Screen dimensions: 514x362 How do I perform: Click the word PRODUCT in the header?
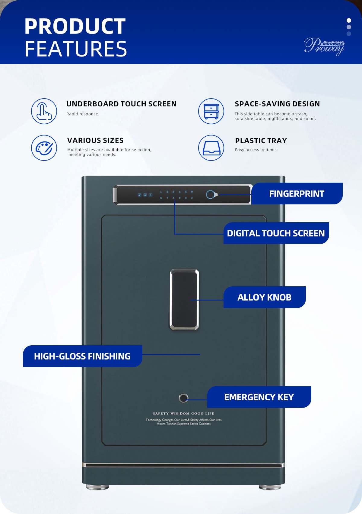[75, 27]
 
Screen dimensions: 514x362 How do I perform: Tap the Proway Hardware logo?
[324, 46]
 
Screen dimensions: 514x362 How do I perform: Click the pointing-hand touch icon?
[44, 111]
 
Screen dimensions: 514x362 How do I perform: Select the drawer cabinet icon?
[211, 111]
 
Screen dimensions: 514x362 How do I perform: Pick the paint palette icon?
[44, 148]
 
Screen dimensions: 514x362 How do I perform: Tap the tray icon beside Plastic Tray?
[211, 148]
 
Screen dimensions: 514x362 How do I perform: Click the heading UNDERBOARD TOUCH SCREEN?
[121, 104]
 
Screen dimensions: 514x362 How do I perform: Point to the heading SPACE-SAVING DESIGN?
[277, 104]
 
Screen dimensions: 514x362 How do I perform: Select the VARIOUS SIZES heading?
[95, 141]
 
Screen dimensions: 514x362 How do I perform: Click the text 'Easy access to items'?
[256, 150]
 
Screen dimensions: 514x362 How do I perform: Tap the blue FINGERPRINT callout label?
[297, 194]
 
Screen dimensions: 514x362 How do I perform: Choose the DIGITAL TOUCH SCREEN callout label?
[276, 233]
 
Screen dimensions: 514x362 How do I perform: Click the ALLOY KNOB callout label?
[264, 297]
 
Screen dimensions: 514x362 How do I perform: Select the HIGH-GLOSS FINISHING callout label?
[82, 356]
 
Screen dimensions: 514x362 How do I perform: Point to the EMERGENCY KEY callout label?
[259, 397]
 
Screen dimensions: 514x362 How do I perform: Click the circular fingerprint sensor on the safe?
[210, 195]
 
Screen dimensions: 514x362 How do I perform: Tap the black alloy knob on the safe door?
[184, 299]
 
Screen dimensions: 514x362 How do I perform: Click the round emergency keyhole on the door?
[183, 398]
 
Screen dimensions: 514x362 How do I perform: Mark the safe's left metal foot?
[97, 487]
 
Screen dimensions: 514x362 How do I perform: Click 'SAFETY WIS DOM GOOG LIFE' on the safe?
[183, 413]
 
